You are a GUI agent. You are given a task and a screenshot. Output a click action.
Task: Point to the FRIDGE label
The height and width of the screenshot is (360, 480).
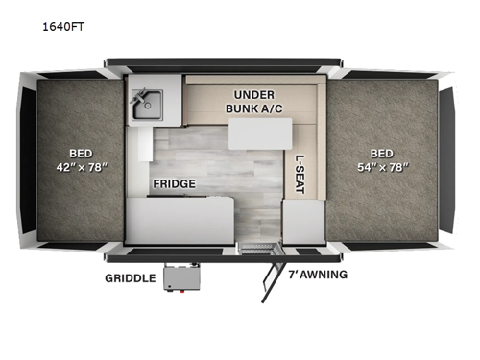pyautogui.click(x=173, y=183)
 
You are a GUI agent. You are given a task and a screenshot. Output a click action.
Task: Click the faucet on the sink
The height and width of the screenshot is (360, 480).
pyautogui.click(x=139, y=95)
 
